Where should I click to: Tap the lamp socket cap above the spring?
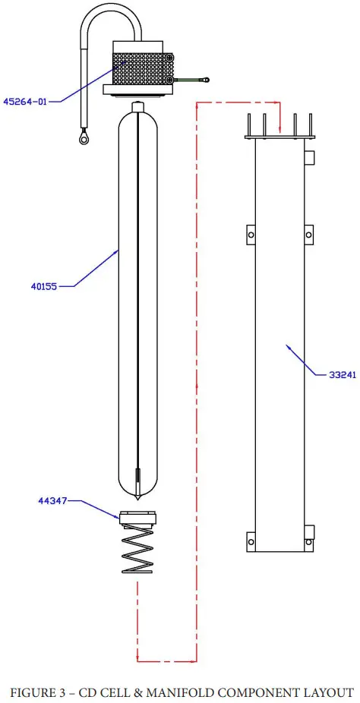137,520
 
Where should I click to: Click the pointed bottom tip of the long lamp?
137,499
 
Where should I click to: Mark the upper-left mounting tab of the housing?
250,235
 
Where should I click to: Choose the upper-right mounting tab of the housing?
310,235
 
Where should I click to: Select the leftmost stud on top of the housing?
249,125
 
